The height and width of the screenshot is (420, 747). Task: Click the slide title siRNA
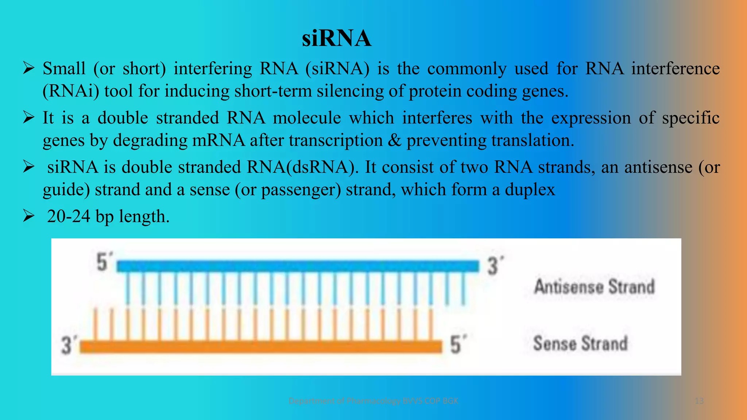[x=336, y=38]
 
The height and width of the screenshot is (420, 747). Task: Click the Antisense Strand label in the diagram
[x=595, y=287]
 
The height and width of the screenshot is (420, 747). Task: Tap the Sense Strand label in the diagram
[x=580, y=343]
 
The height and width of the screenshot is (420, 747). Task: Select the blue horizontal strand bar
[x=297, y=266]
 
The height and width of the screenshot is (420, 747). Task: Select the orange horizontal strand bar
[x=261, y=346]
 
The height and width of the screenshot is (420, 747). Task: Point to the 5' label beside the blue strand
[x=104, y=262]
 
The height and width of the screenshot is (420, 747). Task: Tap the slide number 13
[x=699, y=401]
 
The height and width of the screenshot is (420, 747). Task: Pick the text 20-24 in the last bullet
[x=69, y=217]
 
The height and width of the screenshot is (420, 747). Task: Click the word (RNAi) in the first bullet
[x=71, y=91]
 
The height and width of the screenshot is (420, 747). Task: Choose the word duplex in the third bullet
[x=530, y=190]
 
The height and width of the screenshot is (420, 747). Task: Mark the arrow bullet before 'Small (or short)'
[x=28, y=68]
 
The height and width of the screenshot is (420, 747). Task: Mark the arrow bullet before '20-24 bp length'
[x=28, y=216]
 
